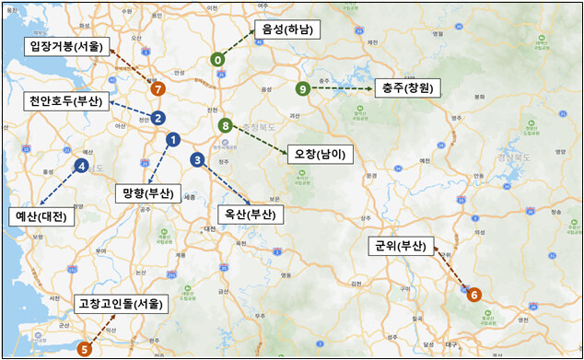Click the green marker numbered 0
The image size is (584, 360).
coord(217,59)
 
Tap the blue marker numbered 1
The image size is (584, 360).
coord(172,139)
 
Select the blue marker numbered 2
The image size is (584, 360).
coord(158,118)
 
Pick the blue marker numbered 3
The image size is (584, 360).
coord(198,159)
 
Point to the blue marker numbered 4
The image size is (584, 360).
coord(82,166)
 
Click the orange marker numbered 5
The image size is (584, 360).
coord(84,349)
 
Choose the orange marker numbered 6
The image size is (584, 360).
coord(474,295)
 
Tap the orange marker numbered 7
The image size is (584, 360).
coord(158,89)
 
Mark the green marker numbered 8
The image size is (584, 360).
coord(225,124)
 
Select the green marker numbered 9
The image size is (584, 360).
coord(303,88)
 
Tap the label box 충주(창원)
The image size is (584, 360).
coord(405,88)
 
